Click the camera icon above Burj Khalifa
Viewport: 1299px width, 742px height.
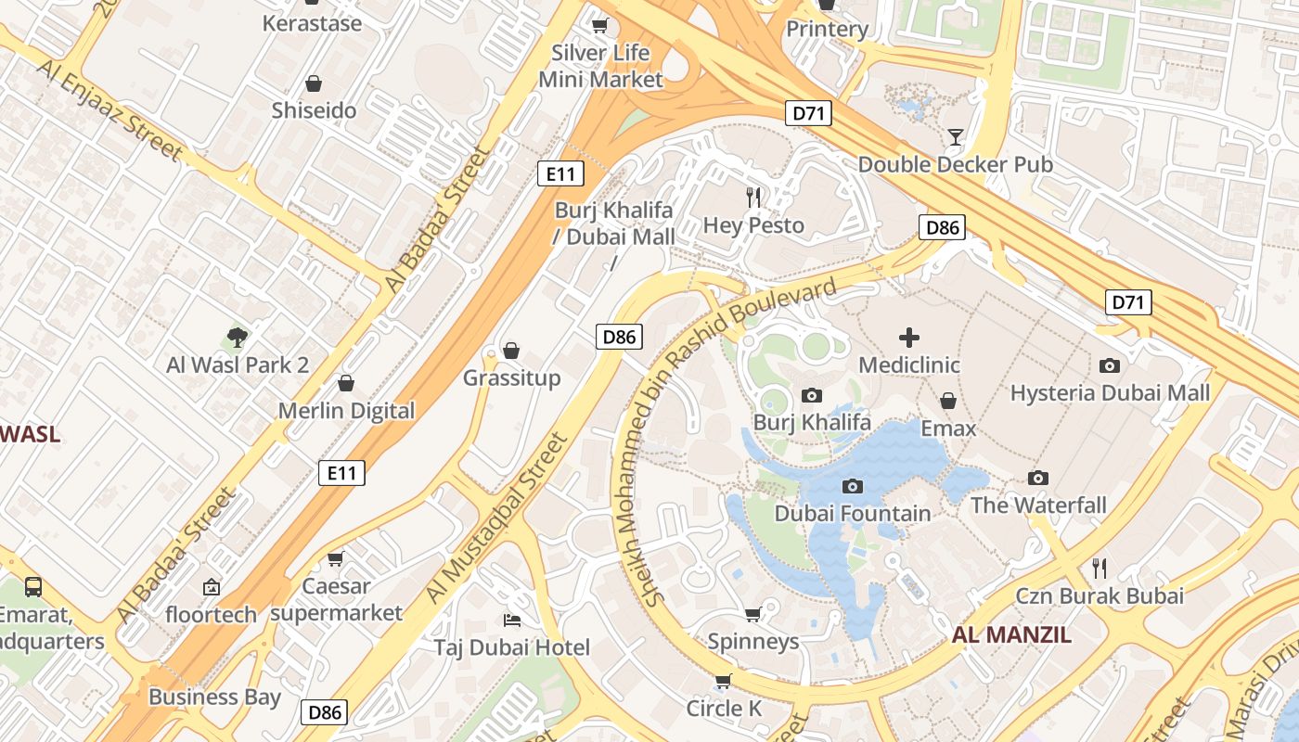click(812, 396)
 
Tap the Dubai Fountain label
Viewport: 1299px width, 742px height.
click(852, 513)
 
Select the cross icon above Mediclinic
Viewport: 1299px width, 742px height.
click(909, 338)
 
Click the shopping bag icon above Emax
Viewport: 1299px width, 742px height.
click(948, 401)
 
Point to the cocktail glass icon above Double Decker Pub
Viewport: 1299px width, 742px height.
click(955, 137)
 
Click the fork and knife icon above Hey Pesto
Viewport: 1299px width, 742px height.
click(753, 197)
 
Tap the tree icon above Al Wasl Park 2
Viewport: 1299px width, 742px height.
click(238, 337)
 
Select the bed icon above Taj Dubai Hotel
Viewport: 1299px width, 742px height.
click(511, 619)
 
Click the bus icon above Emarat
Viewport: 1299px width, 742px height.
click(33, 586)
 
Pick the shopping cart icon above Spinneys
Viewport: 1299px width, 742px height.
click(753, 614)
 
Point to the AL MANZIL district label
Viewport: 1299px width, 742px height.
click(1011, 635)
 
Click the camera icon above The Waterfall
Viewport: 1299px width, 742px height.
click(1038, 478)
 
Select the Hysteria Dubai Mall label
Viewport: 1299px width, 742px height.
click(1110, 392)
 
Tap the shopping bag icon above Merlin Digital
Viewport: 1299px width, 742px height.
click(346, 383)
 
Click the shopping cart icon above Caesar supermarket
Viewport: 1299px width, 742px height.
click(336, 558)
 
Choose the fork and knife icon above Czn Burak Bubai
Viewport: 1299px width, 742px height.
click(1100, 568)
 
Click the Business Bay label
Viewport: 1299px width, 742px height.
click(214, 697)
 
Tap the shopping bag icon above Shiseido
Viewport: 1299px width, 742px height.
click(314, 83)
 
